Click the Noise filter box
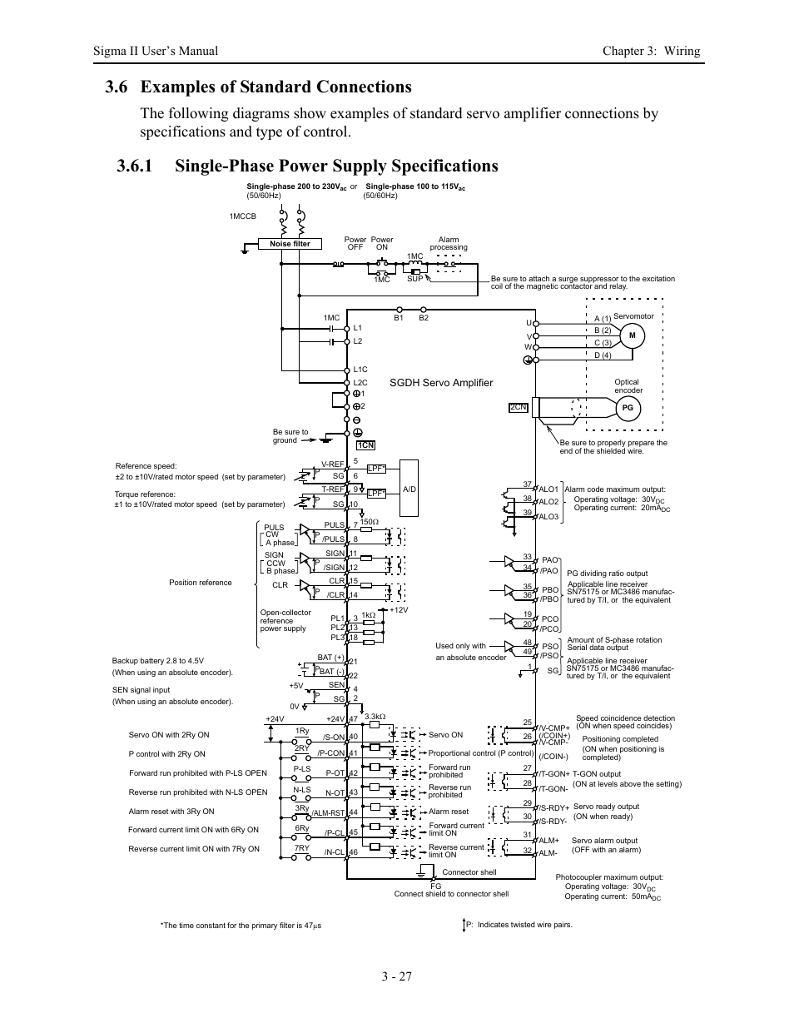point(290,244)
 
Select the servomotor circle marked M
point(632,335)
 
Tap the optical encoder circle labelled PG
point(628,408)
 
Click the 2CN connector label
point(519,407)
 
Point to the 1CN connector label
point(366,445)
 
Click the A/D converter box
point(409,489)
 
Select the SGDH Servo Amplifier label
point(441,383)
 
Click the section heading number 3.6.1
point(135,166)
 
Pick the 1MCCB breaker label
point(243,216)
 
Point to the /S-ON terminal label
point(334,737)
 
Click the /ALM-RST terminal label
point(328,812)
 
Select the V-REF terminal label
point(332,464)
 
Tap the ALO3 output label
point(548,517)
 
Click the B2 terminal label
point(424,317)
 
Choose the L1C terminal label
point(360,370)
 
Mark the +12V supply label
point(399,610)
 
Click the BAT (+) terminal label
point(330,658)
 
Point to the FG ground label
point(435,886)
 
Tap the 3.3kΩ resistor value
point(375,717)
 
